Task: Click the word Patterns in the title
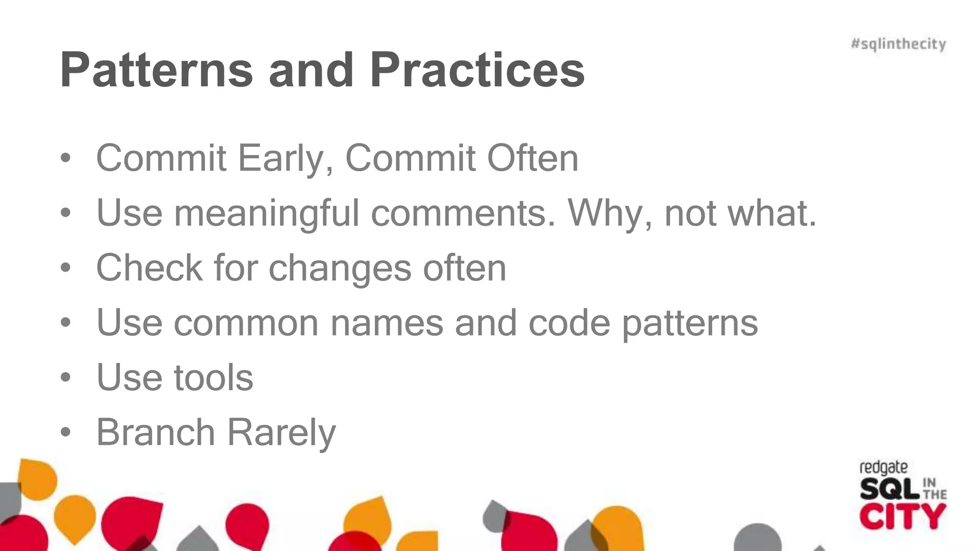(x=156, y=70)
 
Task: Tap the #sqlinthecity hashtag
(x=898, y=44)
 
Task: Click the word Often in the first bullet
(x=532, y=158)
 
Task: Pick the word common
(x=246, y=323)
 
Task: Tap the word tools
(x=213, y=378)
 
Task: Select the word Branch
(x=155, y=432)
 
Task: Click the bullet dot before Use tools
(x=65, y=378)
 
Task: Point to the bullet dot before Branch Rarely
(x=65, y=432)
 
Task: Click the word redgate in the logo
(x=883, y=468)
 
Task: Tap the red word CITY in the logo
(x=902, y=517)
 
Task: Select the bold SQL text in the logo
(x=889, y=489)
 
